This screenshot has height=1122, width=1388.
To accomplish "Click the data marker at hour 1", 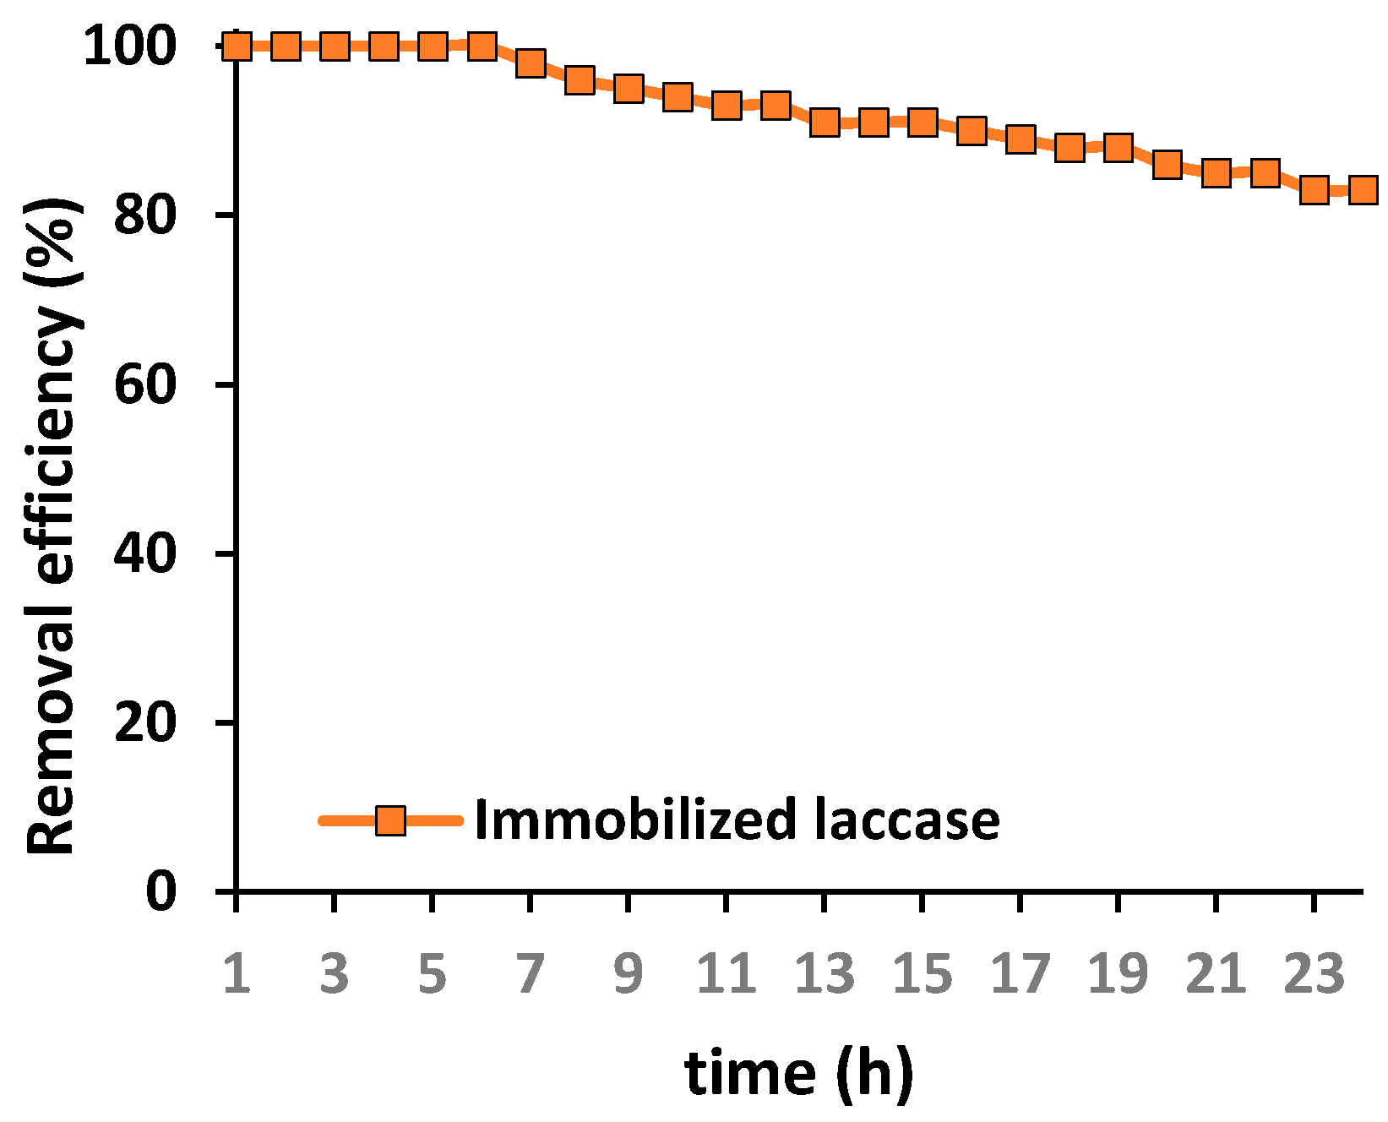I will [x=237, y=46].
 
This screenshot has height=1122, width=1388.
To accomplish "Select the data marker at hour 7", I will [x=531, y=63].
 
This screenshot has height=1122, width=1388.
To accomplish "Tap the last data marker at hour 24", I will [x=1363, y=190].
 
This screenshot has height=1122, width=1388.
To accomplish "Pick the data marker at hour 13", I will [x=825, y=123].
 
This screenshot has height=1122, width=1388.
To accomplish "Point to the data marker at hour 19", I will [x=1119, y=148].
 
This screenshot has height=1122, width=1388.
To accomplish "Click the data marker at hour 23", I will [x=1314, y=190].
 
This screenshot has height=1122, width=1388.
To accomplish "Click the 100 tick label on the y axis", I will [x=130, y=46].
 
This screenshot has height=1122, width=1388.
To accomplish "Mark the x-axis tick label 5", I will [x=432, y=973].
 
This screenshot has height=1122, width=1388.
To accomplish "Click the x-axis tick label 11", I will [x=726, y=973].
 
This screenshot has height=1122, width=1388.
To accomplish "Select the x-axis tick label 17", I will [x=1021, y=973].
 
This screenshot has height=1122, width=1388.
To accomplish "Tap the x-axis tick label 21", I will [x=1216, y=973].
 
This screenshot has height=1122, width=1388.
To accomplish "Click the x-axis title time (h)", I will [x=798, y=1073].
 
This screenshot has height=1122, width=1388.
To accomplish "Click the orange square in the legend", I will [x=390, y=820].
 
